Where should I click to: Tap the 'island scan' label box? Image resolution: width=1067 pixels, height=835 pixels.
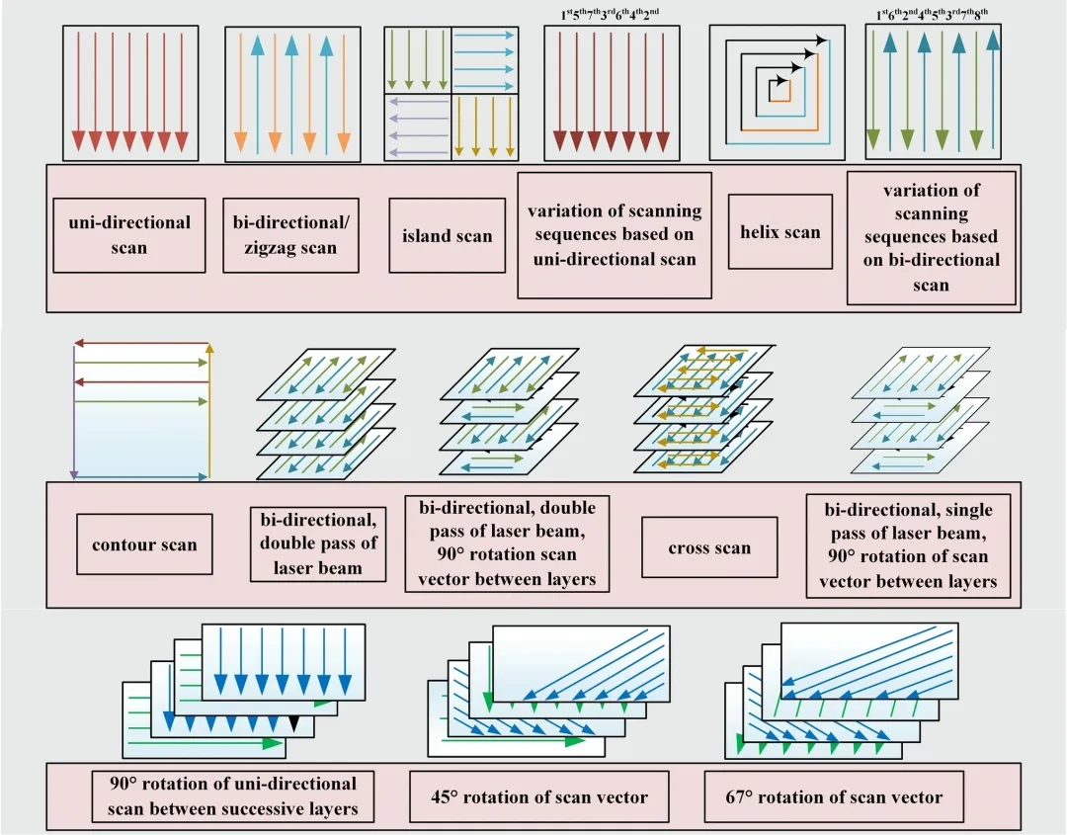click(447, 235)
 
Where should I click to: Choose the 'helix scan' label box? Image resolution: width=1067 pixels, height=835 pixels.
click(780, 233)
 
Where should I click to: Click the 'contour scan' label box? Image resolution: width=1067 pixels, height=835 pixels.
click(144, 544)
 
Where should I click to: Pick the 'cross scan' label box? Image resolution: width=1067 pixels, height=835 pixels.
click(709, 547)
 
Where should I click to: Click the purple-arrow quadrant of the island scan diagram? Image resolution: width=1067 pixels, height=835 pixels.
click(417, 126)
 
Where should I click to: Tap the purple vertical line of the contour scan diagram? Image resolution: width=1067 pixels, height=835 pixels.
click(75, 415)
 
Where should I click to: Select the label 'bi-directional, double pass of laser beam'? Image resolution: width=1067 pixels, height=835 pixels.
click(318, 543)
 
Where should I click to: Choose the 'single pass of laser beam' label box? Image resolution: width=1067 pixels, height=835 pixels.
click(909, 545)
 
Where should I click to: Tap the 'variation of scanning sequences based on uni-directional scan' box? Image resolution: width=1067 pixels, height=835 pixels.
click(615, 235)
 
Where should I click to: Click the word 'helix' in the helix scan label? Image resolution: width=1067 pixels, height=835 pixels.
click(760, 233)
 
